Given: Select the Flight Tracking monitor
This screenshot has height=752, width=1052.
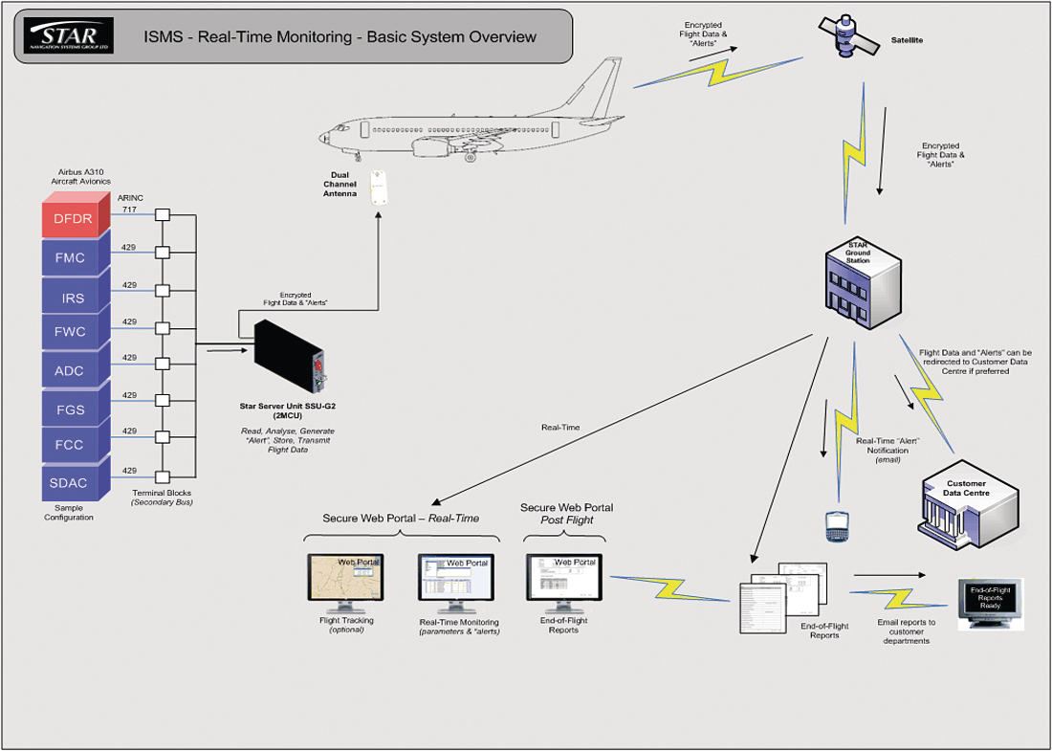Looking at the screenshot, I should [x=347, y=583].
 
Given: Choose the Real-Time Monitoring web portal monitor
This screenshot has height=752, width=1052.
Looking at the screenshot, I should [x=456, y=583].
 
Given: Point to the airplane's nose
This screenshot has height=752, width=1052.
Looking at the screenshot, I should [x=323, y=135].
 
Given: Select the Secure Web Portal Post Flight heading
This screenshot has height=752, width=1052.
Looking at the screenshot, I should [x=566, y=514].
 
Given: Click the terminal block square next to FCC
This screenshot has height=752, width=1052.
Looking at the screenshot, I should [x=163, y=437].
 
